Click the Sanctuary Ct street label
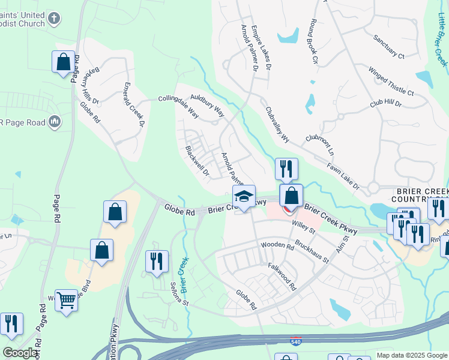point(389,47)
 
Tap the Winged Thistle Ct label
point(391,82)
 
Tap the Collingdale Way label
point(178,104)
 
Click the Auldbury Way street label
point(207,104)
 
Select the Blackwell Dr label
point(196,161)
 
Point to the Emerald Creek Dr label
point(134,104)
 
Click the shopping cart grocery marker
point(66,299)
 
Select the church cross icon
point(54,19)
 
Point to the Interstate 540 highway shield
point(295,340)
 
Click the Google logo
point(20,353)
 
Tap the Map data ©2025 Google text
point(411,355)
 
